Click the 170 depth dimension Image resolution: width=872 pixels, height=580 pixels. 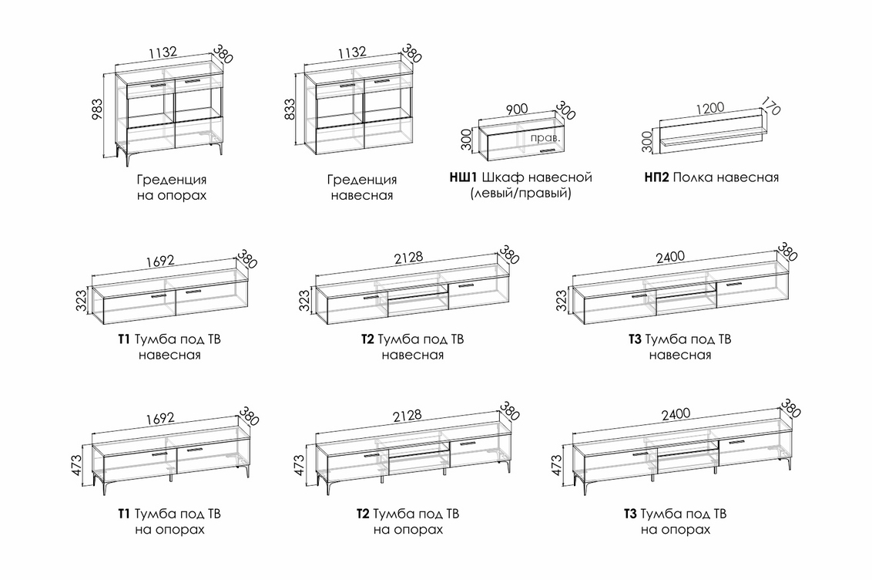770,106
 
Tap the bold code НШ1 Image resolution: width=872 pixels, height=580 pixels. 465,177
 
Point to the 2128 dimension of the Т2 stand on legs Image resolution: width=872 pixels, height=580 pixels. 407,413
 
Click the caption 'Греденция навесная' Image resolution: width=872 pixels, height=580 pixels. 361,187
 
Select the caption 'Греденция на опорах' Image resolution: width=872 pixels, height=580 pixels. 172,187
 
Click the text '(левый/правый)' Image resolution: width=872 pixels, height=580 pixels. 521,194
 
